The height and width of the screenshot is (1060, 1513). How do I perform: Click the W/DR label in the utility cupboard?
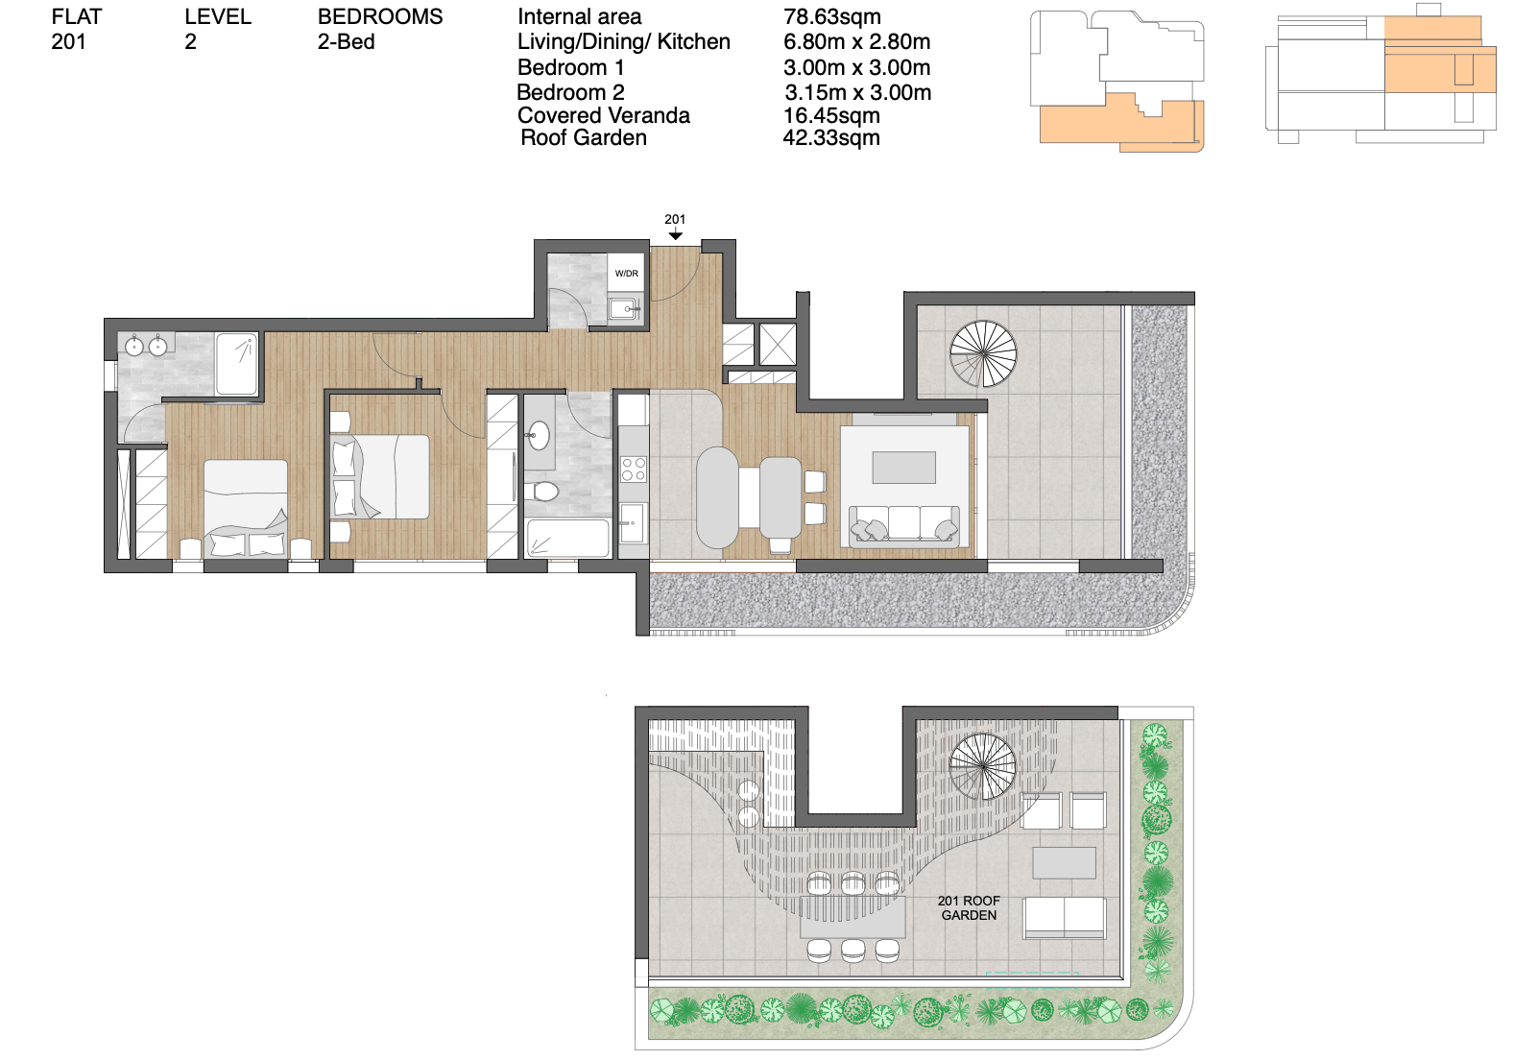click(x=626, y=274)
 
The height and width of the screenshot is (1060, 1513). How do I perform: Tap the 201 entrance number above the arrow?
click(x=675, y=219)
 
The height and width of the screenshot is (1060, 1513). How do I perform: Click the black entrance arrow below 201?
click(x=675, y=233)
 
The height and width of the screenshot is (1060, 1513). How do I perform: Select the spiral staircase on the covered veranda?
click(x=983, y=353)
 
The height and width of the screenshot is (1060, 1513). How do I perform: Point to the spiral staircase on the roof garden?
click(x=982, y=766)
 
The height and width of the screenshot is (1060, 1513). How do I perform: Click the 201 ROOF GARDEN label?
click(x=969, y=908)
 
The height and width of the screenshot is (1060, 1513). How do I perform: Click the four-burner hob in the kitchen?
click(x=633, y=469)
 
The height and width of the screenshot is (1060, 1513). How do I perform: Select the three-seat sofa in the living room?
click(x=904, y=525)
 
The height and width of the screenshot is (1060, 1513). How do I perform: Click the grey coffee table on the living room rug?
click(x=903, y=468)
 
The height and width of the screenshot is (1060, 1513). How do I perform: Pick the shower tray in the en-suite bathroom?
click(x=236, y=364)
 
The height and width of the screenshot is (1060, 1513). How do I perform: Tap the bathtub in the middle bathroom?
click(x=568, y=539)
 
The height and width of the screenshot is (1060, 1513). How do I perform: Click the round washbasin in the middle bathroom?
click(x=539, y=435)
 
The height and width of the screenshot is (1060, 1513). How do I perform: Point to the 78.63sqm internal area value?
click(x=831, y=16)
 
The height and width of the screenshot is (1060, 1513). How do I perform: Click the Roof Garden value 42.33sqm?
click(x=830, y=138)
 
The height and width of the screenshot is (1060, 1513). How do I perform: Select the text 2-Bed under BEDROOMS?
click(x=346, y=42)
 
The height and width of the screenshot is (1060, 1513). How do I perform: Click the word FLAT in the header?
click(x=77, y=16)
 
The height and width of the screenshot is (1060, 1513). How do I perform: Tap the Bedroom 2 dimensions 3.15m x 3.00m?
click(x=858, y=92)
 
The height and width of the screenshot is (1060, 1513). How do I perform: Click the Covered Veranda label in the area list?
click(x=604, y=115)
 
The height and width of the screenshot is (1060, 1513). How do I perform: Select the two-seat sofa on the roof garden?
click(x=1065, y=918)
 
